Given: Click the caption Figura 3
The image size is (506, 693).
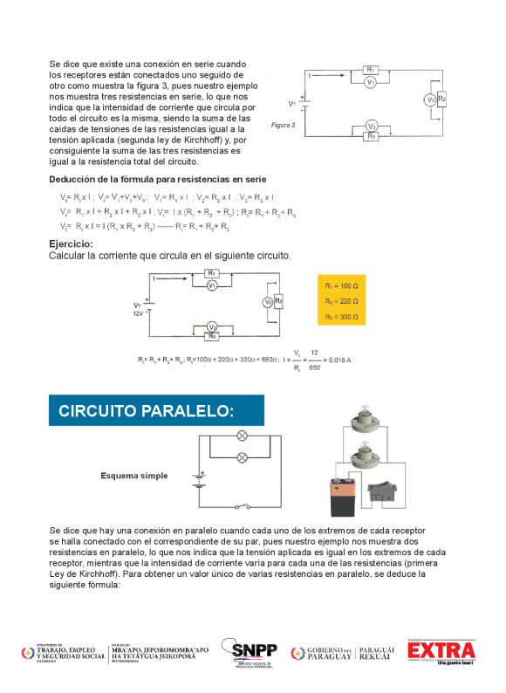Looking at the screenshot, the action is pyautogui.click(x=283, y=125).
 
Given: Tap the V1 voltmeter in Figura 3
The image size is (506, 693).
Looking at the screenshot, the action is pyautogui.click(x=370, y=82).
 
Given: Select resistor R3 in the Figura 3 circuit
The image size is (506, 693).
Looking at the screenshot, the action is pyautogui.click(x=371, y=136).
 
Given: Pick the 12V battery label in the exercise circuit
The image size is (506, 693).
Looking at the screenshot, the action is pyautogui.click(x=137, y=312).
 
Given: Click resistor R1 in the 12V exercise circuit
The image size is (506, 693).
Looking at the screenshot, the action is pyautogui.click(x=212, y=274).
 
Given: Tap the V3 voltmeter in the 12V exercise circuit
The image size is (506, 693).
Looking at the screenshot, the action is pyautogui.click(x=212, y=326).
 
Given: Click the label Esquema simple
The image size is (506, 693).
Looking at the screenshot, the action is pyautogui.click(x=133, y=476).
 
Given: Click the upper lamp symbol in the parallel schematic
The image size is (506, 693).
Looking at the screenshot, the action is pyautogui.click(x=243, y=434).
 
